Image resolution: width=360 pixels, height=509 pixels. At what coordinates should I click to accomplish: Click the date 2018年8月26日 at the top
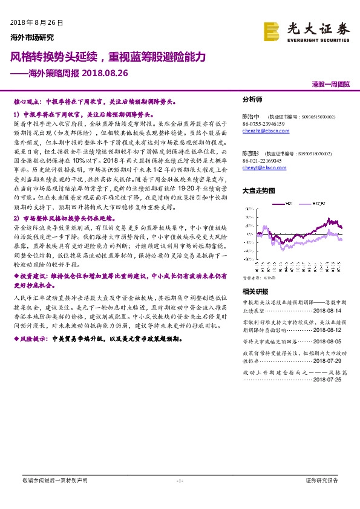click(37, 22)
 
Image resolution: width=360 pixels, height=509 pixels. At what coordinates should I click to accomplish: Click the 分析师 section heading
click(252, 99)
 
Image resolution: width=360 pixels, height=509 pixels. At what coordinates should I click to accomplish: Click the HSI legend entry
click(290, 203)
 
